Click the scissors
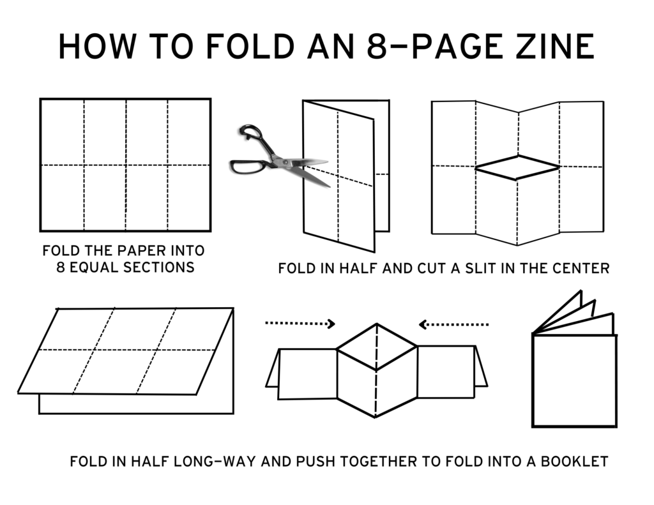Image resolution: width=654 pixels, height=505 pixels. [278, 155]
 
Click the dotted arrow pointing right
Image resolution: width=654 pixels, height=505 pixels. [300, 323]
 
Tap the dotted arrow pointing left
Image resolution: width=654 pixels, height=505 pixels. [453, 324]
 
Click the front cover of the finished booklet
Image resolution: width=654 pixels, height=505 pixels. [574, 380]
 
